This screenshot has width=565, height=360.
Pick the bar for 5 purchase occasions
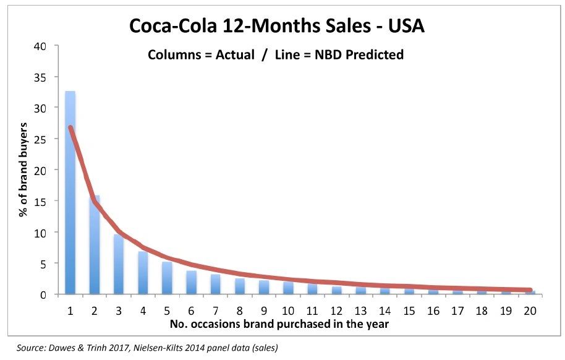click(167, 278)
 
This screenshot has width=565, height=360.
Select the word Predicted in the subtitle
click(372, 54)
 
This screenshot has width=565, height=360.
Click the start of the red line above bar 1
click(70, 127)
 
